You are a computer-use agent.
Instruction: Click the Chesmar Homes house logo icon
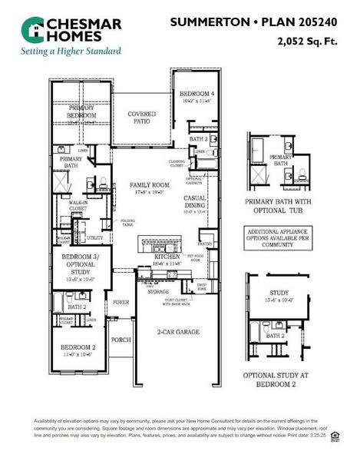(34, 30)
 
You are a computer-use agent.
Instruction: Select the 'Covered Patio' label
(141, 118)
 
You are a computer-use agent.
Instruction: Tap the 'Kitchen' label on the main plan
(166, 258)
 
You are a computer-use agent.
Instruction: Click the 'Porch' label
(121, 339)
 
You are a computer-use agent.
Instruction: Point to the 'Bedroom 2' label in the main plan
(78, 350)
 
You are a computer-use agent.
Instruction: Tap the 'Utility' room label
(94, 238)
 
